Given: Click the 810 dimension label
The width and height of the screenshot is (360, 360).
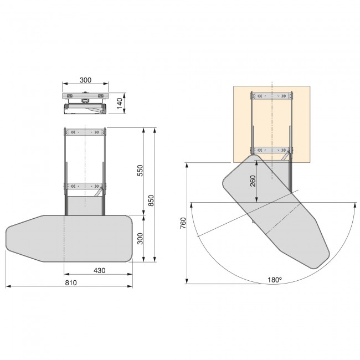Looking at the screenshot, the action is pyautogui.click(x=71, y=282).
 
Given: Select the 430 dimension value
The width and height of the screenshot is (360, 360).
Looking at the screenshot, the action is pyautogui.click(x=99, y=270).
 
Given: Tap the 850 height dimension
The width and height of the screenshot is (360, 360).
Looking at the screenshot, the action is pyautogui.click(x=151, y=200).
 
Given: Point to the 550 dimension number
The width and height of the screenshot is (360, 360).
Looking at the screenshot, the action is pyautogui.click(x=140, y=171).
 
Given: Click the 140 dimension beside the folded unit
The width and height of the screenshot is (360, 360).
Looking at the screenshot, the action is pyautogui.click(x=120, y=104).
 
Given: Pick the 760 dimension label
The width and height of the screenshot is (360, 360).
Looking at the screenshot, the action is pyautogui.click(x=183, y=223).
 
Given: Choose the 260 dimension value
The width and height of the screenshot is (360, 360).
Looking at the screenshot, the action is pyautogui.click(x=253, y=181).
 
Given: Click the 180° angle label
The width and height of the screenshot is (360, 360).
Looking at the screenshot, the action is pyautogui.click(x=275, y=280).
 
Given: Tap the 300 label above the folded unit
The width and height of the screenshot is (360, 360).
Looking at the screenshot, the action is pyautogui.click(x=85, y=80).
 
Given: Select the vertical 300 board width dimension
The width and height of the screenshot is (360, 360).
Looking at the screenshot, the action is pyautogui.click(x=140, y=239).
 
